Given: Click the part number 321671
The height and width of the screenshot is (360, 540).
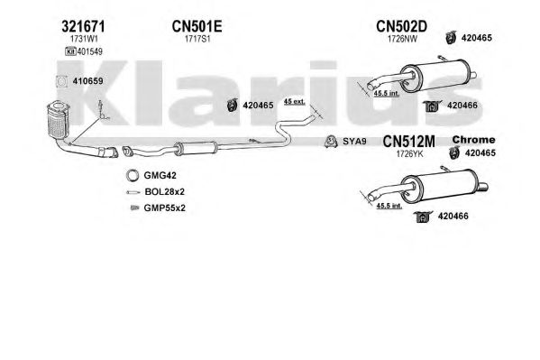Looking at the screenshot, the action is [x=83, y=26].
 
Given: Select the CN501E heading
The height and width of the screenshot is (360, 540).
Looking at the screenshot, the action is [x=197, y=26].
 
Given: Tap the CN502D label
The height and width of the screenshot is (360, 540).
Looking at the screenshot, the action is [x=401, y=26].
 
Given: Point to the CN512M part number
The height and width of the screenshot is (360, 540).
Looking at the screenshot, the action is [x=408, y=142].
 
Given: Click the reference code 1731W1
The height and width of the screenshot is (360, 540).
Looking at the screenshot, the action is [x=84, y=39].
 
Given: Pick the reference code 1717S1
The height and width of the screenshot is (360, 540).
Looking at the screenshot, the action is [x=197, y=39].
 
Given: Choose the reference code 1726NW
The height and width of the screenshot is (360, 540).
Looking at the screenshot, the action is [x=402, y=39].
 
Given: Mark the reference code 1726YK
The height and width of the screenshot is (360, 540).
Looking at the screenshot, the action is [x=409, y=154].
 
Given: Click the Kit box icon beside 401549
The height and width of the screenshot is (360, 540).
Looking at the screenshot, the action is [x=70, y=51].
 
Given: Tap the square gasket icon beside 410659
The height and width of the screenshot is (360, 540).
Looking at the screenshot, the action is [x=61, y=81].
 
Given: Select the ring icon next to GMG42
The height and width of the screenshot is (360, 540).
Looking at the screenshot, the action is [x=133, y=176].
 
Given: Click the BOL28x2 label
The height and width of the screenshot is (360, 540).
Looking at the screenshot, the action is [x=165, y=191].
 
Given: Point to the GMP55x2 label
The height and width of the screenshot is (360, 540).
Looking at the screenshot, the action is [x=165, y=208].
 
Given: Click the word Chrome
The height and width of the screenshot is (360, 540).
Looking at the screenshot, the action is [x=473, y=140].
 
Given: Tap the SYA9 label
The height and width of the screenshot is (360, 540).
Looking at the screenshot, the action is [x=354, y=142].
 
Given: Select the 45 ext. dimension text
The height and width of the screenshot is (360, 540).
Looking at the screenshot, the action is [x=295, y=101].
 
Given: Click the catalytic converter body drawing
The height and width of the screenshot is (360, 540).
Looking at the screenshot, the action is [x=58, y=120].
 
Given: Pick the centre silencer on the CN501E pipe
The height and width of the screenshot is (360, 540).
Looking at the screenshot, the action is [x=196, y=148].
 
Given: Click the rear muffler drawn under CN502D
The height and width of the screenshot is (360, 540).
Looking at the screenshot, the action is [x=435, y=75].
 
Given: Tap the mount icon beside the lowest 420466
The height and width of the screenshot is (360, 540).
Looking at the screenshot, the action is [x=423, y=217].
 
